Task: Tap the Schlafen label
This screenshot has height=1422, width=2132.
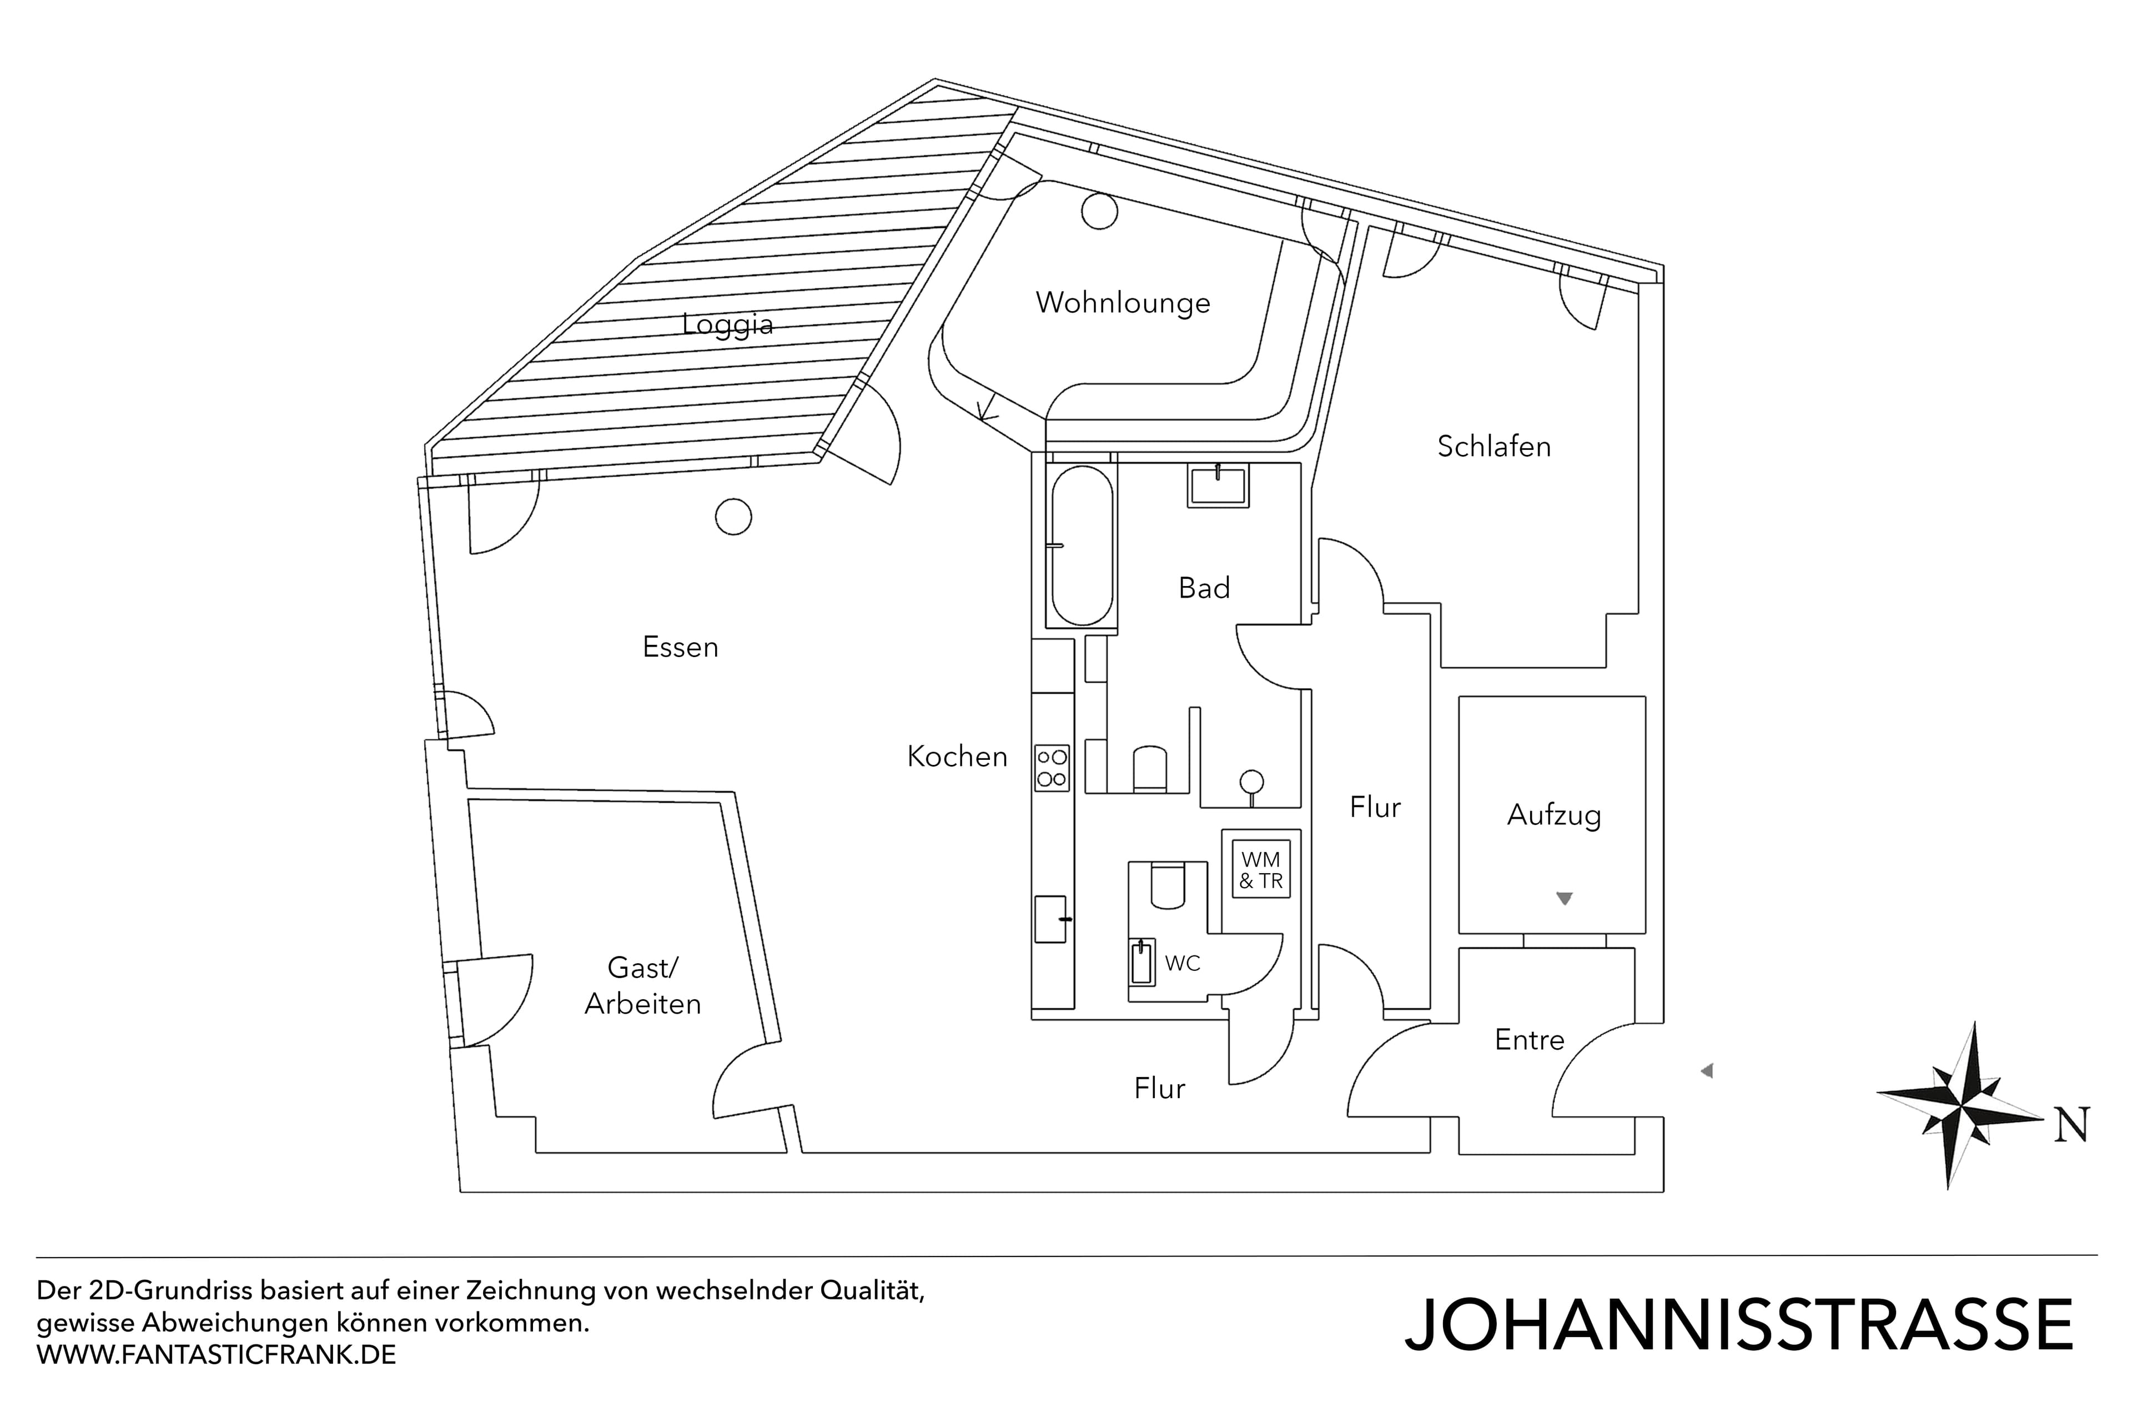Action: (1494, 446)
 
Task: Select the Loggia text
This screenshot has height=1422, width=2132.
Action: (728, 324)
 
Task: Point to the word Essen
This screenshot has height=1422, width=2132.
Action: (680, 647)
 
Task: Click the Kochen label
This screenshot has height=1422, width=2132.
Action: (957, 757)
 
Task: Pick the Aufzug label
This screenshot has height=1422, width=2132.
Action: (1553, 814)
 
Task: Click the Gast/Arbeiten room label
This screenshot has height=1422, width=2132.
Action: (643, 985)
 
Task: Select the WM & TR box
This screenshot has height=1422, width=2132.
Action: (1260, 870)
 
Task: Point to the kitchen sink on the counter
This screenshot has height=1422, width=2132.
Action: (1052, 919)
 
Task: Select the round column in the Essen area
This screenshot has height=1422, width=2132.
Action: (733, 517)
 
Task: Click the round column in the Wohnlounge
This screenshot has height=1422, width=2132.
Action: (1099, 212)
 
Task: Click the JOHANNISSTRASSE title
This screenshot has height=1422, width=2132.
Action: (1738, 1325)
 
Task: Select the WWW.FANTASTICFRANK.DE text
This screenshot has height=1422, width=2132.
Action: (216, 1355)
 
